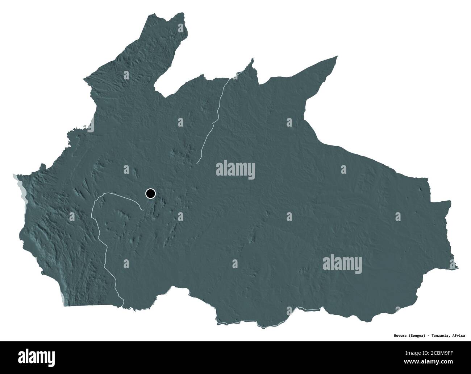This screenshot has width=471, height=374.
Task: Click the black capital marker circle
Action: (150, 194)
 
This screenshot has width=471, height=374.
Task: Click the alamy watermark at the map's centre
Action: (235, 170)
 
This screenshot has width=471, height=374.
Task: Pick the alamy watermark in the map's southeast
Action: (342, 262)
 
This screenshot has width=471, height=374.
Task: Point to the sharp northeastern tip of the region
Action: (337, 56)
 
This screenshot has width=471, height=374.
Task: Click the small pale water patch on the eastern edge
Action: (455, 268)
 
